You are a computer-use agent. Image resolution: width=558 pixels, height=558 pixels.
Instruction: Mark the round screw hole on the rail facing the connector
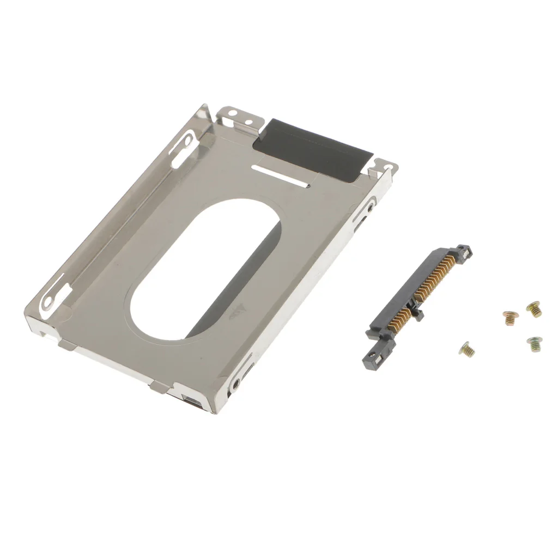[x=371, y=208]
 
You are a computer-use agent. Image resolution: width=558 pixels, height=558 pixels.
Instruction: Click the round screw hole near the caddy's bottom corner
[x=236, y=385]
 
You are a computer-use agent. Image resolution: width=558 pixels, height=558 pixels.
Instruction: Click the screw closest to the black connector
[x=466, y=349]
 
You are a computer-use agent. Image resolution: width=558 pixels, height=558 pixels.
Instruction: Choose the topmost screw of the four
[x=533, y=309]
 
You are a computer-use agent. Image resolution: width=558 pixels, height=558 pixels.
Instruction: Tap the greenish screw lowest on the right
[x=534, y=343]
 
